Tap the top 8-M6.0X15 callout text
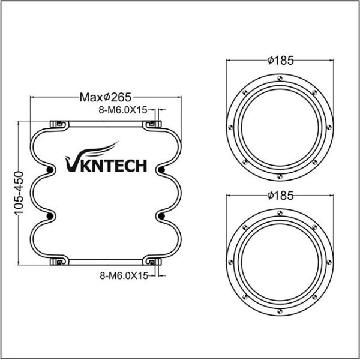click(x=124, y=110)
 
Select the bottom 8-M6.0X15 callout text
click(x=124, y=275)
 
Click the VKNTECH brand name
click(x=105, y=164)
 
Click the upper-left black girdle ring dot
click(x=49, y=172)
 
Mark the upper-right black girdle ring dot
click(x=161, y=172)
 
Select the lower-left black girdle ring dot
click(x=49, y=214)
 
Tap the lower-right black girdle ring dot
click(x=161, y=214)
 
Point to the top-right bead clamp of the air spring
click(x=152, y=124)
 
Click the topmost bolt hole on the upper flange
click(x=280, y=77)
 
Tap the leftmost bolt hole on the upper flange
click(x=230, y=127)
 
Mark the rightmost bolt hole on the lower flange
click(x=329, y=261)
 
